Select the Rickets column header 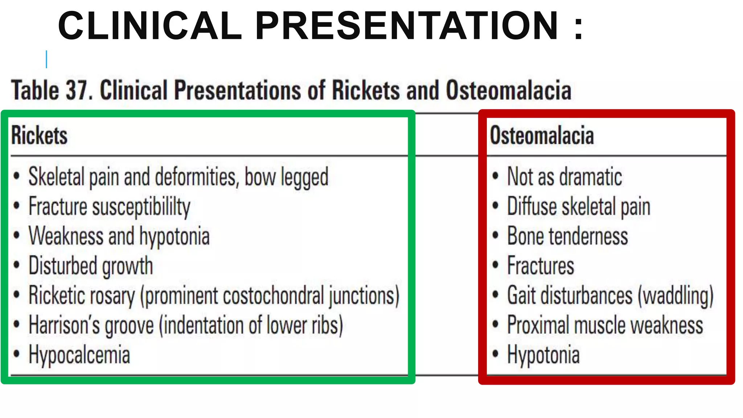[39, 135]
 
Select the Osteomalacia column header [542, 135]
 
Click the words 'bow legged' [286, 177]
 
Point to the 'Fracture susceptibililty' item [109, 207]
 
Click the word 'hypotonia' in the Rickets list [175, 236]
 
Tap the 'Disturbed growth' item [91, 266]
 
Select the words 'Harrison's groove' [91, 325]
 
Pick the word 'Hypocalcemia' [79, 355]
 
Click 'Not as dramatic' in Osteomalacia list [565, 177]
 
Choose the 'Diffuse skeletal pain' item [578, 207]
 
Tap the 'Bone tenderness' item [567, 236]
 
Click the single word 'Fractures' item [541, 266]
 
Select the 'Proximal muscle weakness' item [605, 325]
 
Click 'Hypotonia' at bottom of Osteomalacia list [543, 355]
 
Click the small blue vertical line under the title [46, 59]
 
